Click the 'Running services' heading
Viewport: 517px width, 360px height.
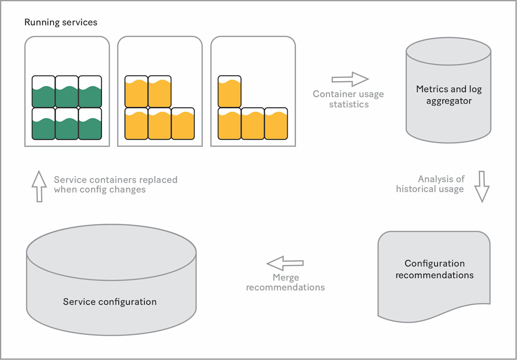click(60, 23)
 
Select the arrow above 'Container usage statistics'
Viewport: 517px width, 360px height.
click(350, 79)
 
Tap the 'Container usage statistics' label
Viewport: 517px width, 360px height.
click(348, 99)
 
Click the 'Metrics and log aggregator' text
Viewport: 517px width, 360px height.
click(449, 95)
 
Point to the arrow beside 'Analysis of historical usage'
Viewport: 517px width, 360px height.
click(482, 186)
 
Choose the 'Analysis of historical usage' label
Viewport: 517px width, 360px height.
click(431, 184)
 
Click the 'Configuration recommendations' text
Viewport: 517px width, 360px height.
click(434, 269)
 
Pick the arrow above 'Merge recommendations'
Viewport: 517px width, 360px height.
click(285, 263)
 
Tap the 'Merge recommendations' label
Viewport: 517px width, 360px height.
click(285, 282)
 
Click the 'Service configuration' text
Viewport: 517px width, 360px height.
click(110, 302)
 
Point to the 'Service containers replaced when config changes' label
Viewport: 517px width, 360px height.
click(115, 185)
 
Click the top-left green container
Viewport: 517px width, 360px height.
click(43, 92)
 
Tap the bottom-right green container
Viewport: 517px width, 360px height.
click(90, 123)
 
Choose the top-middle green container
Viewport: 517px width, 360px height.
click(67, 92)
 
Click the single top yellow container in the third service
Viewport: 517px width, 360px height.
click(230, 92)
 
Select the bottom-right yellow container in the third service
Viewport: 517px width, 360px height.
click(276, 124)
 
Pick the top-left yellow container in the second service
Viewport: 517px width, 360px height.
click(136, 92)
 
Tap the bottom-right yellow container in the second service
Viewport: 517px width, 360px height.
click(183, 124)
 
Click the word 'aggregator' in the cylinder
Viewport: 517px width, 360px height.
click(449, 100)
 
